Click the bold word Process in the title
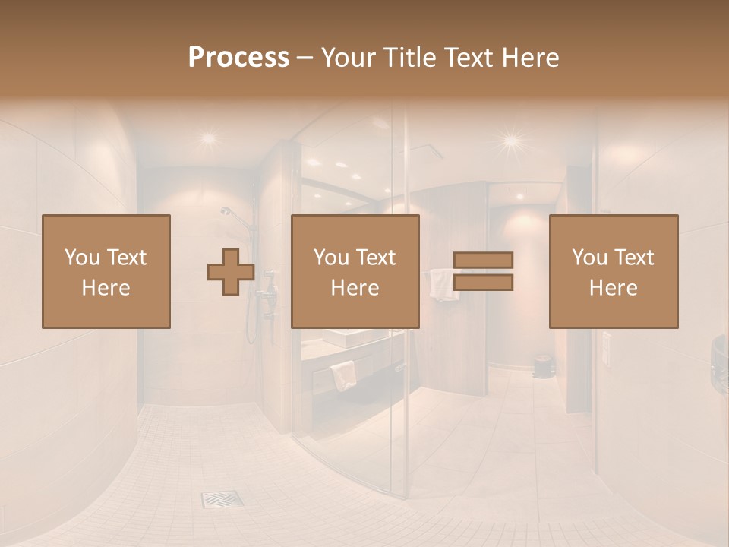tap(238, 58)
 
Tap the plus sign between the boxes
tap(231, 272)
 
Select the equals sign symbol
tap(483, 271)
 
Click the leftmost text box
tap(106, 271)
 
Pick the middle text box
tap(355, 271)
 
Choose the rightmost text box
tap(614, 271)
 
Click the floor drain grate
tap(222, 499)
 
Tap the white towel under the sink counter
tap(343, 374)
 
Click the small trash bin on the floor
tap(541, 366)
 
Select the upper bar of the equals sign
tap(483, 260)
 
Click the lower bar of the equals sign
tap(483, 283)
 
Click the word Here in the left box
tap(106, 288)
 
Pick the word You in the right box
tap(589, 258)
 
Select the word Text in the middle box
tap(376, 258)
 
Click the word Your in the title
tap(345, 58)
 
